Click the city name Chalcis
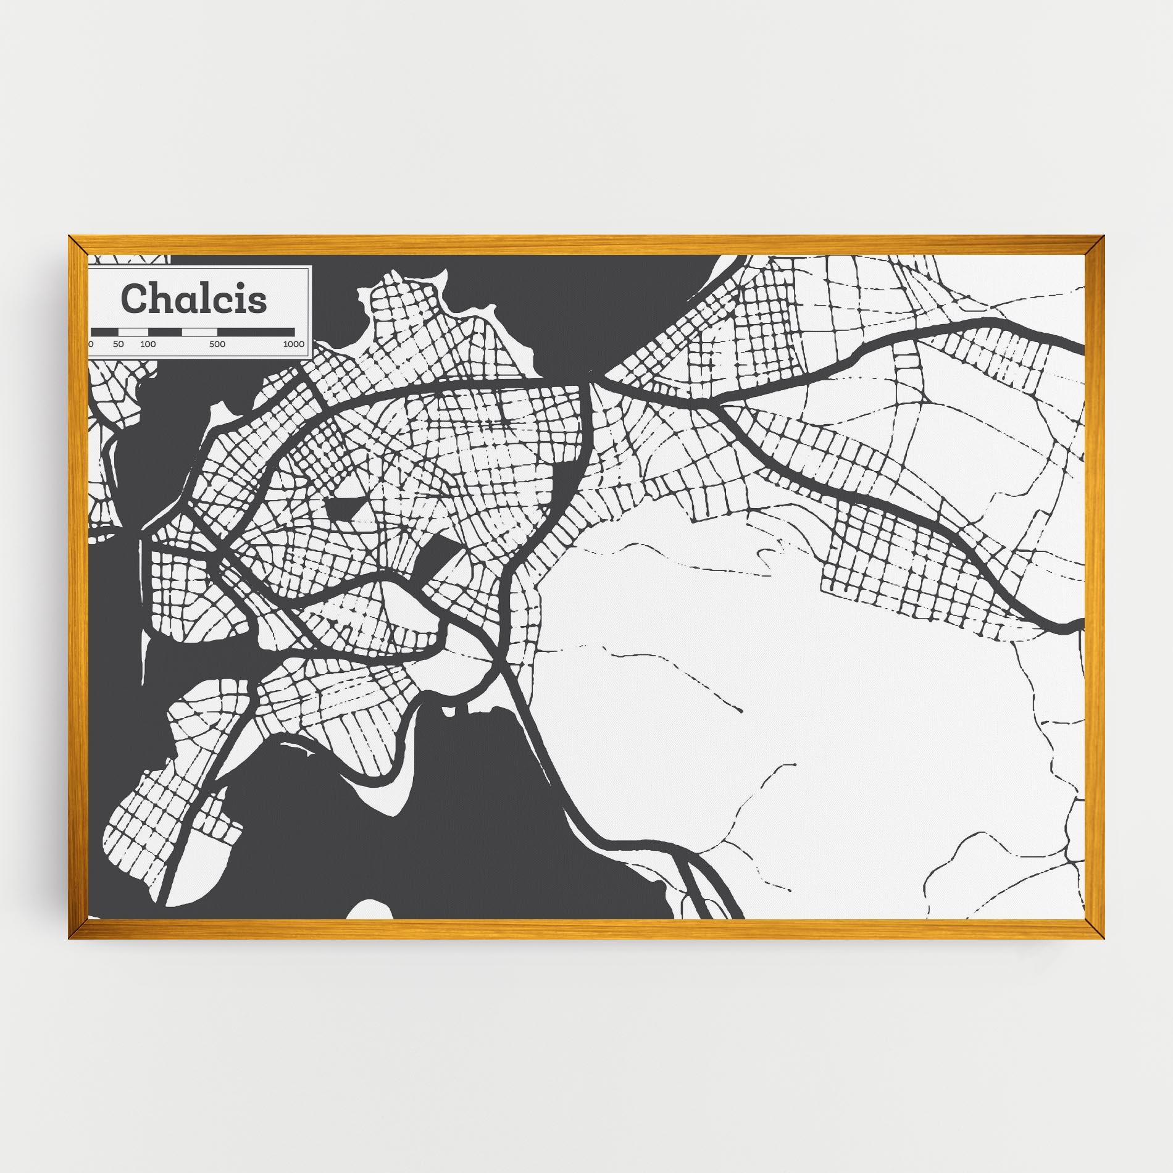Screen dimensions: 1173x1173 click(x=194, y=299)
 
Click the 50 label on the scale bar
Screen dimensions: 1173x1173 click(x=119, y=344)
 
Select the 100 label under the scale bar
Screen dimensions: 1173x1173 click(x=148, y=344)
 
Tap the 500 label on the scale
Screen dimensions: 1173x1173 click(x=217, y=344)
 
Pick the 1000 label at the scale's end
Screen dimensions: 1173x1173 click(x=294, y=344)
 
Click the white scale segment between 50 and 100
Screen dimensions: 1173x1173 click(x=133, y=332)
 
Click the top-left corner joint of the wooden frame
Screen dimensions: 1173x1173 click(x=78, y=245)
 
